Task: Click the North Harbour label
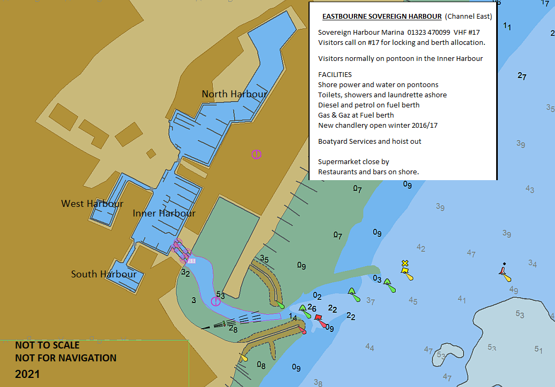tap(234, 94)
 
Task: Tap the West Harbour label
tap(92, 204)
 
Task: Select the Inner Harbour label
tap(164, 213)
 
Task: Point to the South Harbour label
tap(104, 274)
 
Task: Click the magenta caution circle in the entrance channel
tap(215, 301)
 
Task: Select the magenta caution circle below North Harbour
tap(257, 154)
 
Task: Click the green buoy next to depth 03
tap(392, 288)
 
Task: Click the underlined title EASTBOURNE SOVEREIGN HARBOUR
tap(381, 17)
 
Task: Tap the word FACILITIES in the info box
tap(335, 74)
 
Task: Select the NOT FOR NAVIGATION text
tap(65, 358)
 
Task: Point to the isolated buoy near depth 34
tap(504, 273)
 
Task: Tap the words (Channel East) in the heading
tap(468, 17)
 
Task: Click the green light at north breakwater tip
tap(281, 306)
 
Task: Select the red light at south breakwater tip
tap(303, 331)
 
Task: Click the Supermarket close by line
tap(353, 161)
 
